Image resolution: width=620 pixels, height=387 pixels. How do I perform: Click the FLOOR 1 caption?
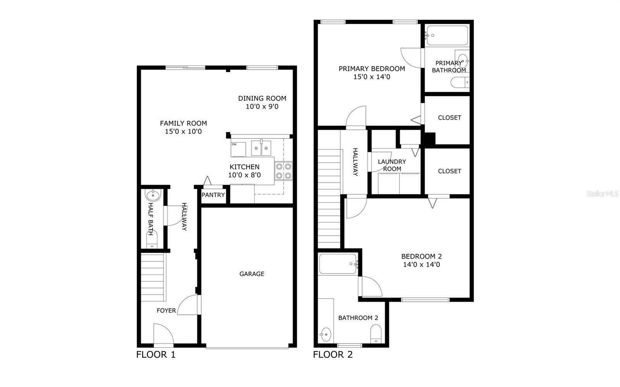[156, 354]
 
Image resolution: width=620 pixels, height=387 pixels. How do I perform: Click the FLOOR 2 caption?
[333, 354]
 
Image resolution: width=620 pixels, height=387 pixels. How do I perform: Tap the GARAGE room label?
[252, 274]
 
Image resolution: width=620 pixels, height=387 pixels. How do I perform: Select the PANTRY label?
[213, 195]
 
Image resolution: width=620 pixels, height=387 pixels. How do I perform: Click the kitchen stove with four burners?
[284, 171]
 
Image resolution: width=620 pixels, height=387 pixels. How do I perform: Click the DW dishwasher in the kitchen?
[238, 149]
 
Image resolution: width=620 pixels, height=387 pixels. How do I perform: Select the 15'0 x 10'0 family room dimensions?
[183, 131]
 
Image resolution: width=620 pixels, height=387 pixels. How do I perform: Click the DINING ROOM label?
[262, 98]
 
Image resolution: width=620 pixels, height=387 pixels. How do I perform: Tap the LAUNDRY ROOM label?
[392, 165]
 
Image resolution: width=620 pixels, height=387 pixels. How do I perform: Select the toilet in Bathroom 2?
[376, 333]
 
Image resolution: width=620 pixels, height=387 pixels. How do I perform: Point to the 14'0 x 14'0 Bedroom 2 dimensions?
[421, 265]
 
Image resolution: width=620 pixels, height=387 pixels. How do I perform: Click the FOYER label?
[166, 311]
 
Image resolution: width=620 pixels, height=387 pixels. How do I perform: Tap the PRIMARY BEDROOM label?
[372, 69]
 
